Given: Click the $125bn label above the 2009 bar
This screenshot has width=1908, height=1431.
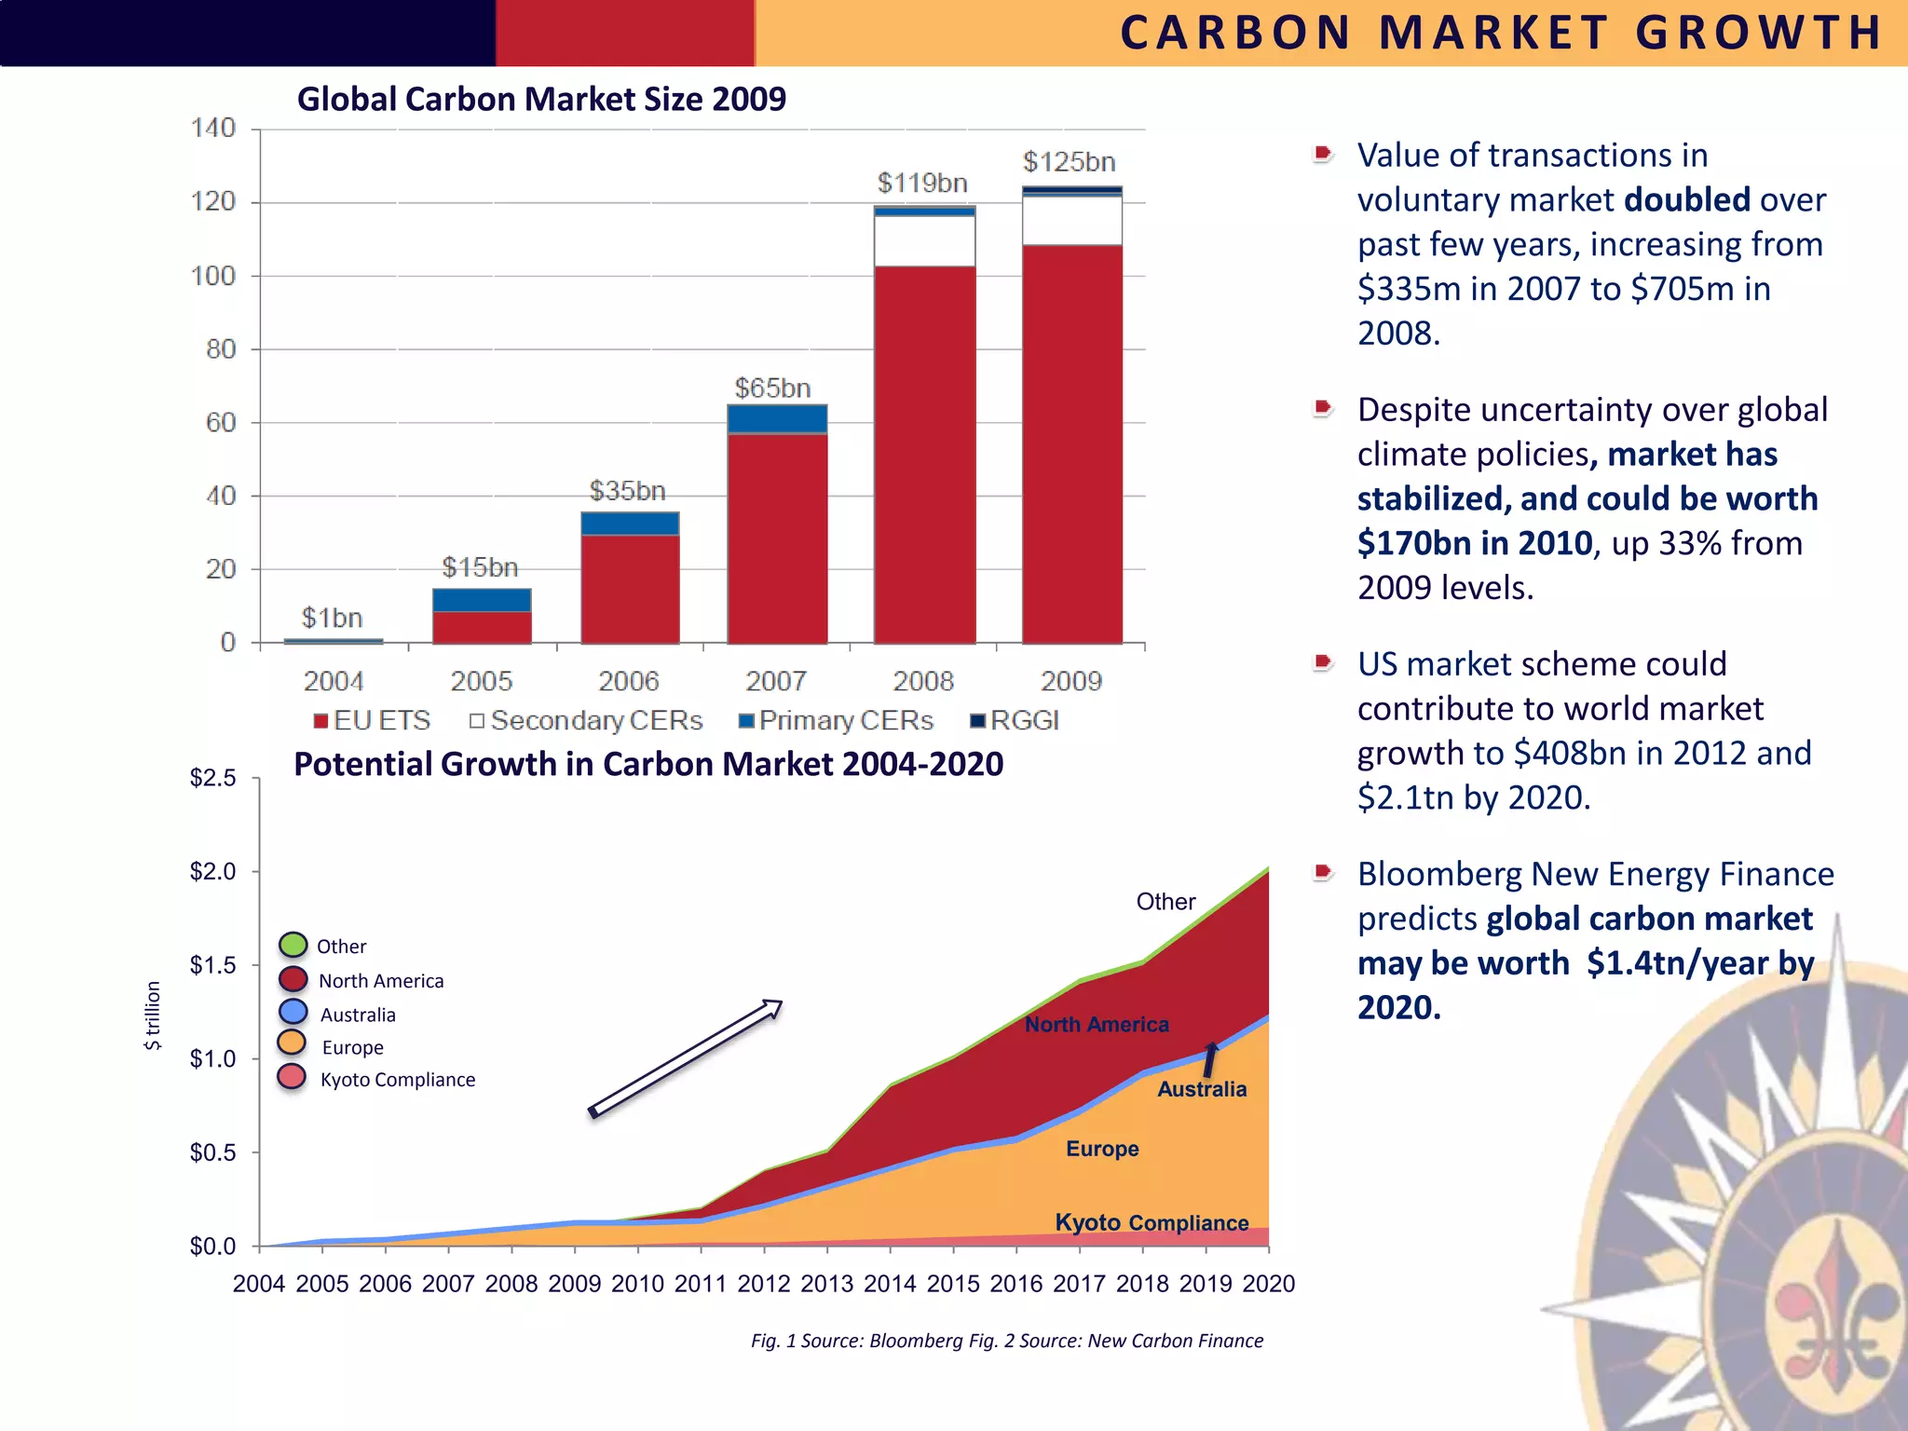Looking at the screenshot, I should [1069, 162].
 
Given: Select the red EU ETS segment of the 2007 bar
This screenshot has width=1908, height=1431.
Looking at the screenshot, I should [777, 538].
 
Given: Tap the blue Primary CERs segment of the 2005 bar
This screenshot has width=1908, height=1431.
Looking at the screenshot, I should [482, 600].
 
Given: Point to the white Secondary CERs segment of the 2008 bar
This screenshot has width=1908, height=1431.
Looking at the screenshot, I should [924, 241].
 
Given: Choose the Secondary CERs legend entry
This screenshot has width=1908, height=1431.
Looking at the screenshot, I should [586, 721].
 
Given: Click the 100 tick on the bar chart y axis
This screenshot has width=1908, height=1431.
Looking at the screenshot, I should [213, 276].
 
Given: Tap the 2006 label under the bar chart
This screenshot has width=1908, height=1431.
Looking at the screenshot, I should [628, 681].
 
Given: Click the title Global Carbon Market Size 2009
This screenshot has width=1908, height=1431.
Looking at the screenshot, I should [541, 99].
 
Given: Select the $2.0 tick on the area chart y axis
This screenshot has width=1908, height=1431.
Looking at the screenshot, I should [212, 872].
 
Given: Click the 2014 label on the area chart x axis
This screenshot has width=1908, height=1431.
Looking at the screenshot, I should [890, 1284].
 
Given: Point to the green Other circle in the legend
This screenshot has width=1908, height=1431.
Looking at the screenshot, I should [293, 944].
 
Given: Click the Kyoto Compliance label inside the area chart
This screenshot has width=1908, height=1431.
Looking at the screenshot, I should [1152, 1222].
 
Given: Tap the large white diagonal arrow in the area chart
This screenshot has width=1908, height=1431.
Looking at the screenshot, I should [686, 1057].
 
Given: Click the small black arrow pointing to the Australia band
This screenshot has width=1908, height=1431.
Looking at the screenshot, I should [1209, 1060].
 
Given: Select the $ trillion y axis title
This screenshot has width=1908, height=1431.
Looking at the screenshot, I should [153, 1015].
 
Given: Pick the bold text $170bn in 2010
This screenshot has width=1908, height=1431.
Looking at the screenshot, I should [1474, 543].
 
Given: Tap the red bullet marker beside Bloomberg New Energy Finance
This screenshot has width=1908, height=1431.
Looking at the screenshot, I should [1322, 873].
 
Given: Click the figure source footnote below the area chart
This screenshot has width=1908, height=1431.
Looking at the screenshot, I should [1007, 1341].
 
